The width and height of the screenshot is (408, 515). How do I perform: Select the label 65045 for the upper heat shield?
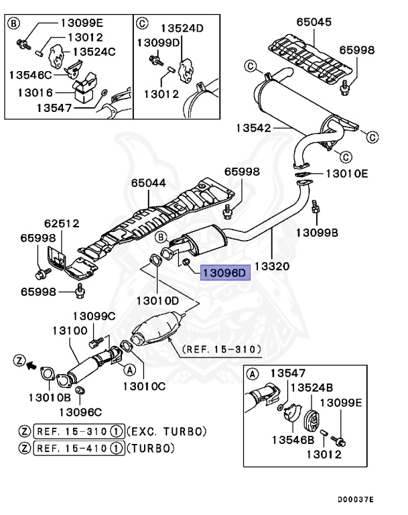[x=314, y=21]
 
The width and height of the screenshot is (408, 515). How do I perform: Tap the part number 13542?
[x=255, y=127]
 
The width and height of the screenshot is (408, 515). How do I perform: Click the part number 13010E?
[x=347, y=173]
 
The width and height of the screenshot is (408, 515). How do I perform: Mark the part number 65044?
[x=149, y=182]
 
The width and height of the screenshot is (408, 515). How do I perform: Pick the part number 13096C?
[x=80, y=412]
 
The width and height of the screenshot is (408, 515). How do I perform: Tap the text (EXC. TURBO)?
[x=166, y=431]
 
